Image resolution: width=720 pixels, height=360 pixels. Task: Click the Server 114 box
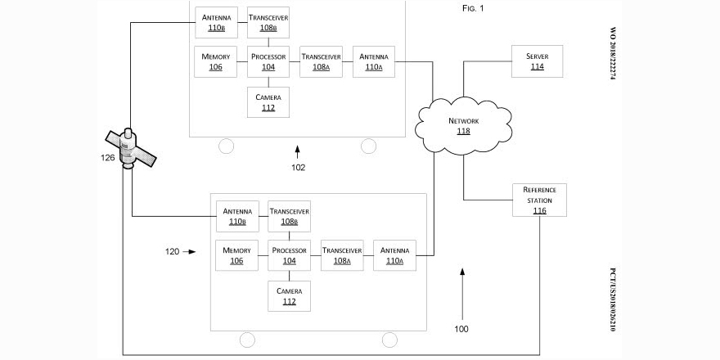pyautogui.click(x=537, y=62)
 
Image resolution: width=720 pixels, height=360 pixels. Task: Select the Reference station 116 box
pyautogui.click(x=539, y=200)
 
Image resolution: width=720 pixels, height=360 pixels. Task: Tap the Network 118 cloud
pyautogui.click(x=462, y=125)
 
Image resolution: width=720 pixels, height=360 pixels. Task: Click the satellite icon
pyautogui.click(x=128, y=147)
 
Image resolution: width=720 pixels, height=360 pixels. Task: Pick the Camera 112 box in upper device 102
pyautogui.click(x=268, y=102)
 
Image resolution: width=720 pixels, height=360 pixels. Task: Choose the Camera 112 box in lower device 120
pyautogui.click(x=289, y=296)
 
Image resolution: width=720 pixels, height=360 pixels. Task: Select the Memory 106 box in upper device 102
pyautogui.click(x=215, y=61)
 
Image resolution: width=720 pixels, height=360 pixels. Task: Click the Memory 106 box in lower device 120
pyautogui.click(x=236, y=255)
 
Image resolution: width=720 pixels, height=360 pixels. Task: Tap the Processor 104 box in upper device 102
pyautogui.click(x=268, y=61)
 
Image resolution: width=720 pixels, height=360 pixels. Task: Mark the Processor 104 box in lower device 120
pyautogui.click(x=289, y=255)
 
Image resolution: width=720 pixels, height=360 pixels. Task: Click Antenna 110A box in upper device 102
pyautogui.click(x=374, y=61)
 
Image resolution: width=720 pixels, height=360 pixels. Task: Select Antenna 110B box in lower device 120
pyautogui.click(x=237, y=216)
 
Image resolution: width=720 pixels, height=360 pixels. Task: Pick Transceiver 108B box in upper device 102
pyautogui.click(x=268, y=22)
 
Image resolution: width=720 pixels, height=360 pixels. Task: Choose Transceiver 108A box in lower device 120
pyautogui.click(x=342, y=255)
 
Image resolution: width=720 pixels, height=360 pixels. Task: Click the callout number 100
pyautogui.click(x=461, y=329)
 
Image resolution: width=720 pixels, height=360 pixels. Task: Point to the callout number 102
pyautogui.click(x=298, y=168)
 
